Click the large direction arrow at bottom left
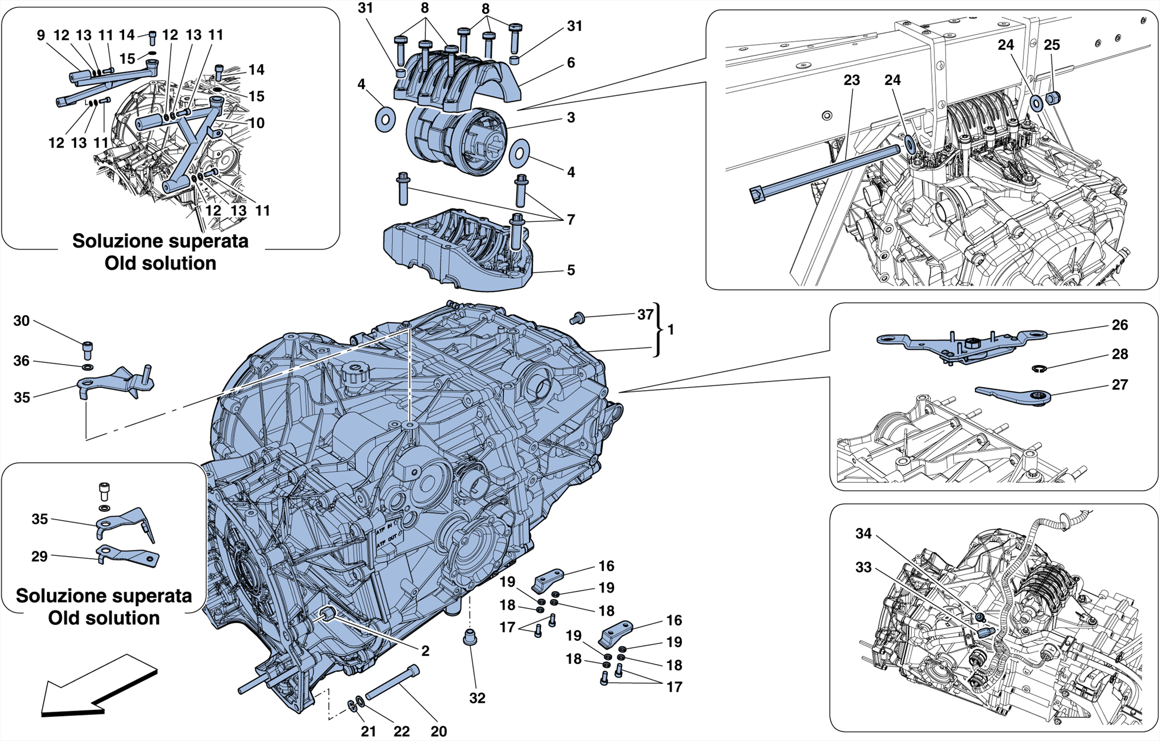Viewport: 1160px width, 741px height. click(x=96, y=688)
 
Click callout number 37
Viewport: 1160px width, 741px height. click(x=645, y=315)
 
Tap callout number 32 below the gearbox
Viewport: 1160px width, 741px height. click(x=477, y=698)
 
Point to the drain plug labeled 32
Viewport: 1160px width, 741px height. click(x=469, y=637)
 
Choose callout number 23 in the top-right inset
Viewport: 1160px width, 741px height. click(x=851, y=80)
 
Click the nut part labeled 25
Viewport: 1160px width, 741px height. click(x=1052, y=98)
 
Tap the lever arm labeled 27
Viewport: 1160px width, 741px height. click(x=1014, y=397)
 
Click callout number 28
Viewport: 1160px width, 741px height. click(x=1119, y=354)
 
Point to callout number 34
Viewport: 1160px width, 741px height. click(x=863, y=534)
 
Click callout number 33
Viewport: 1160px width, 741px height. click(x=863, y=567)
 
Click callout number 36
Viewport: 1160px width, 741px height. click(x=22, y=361)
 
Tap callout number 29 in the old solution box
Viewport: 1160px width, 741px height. click(x=39, y=556)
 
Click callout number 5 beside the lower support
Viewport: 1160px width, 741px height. click(x=571, y=270)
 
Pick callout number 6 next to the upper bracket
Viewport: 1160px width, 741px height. click(x=571, y=63)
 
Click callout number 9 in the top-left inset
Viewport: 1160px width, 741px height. click(x=41, y=35)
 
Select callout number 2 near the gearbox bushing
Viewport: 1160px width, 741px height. click(x=425, y=651)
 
